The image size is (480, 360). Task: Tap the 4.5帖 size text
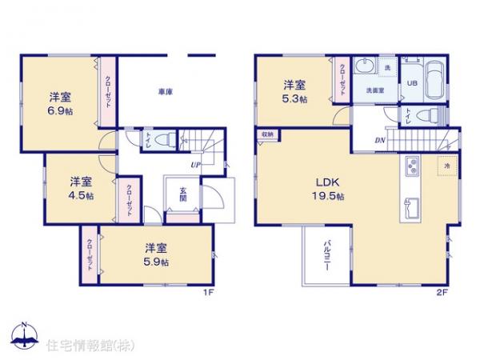click(80, 195)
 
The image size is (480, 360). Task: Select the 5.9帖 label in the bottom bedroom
click(157, 262)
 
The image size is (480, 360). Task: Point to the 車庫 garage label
click(166, 92)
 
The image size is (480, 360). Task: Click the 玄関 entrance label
click(182, 195)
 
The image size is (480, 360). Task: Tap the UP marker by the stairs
click(195, 165)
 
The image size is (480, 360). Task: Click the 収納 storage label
click(265, 135)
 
